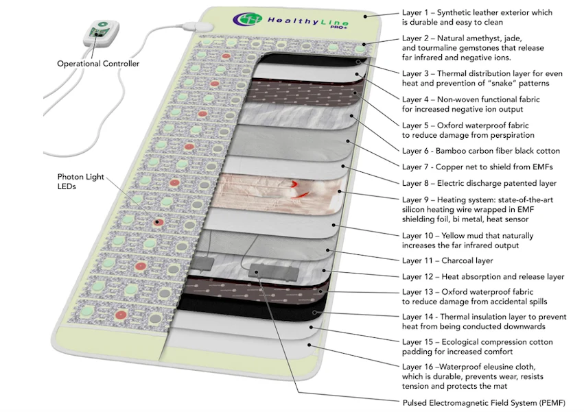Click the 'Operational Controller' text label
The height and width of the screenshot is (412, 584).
[x=98, y=64]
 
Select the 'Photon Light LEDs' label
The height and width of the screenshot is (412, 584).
[x=80, y=182]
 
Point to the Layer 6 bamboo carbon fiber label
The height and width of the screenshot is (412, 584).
[x=480, y=150]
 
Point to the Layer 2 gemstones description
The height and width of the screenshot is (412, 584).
[x=474, y=48]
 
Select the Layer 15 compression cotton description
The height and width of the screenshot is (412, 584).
[x=478, y=347]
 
